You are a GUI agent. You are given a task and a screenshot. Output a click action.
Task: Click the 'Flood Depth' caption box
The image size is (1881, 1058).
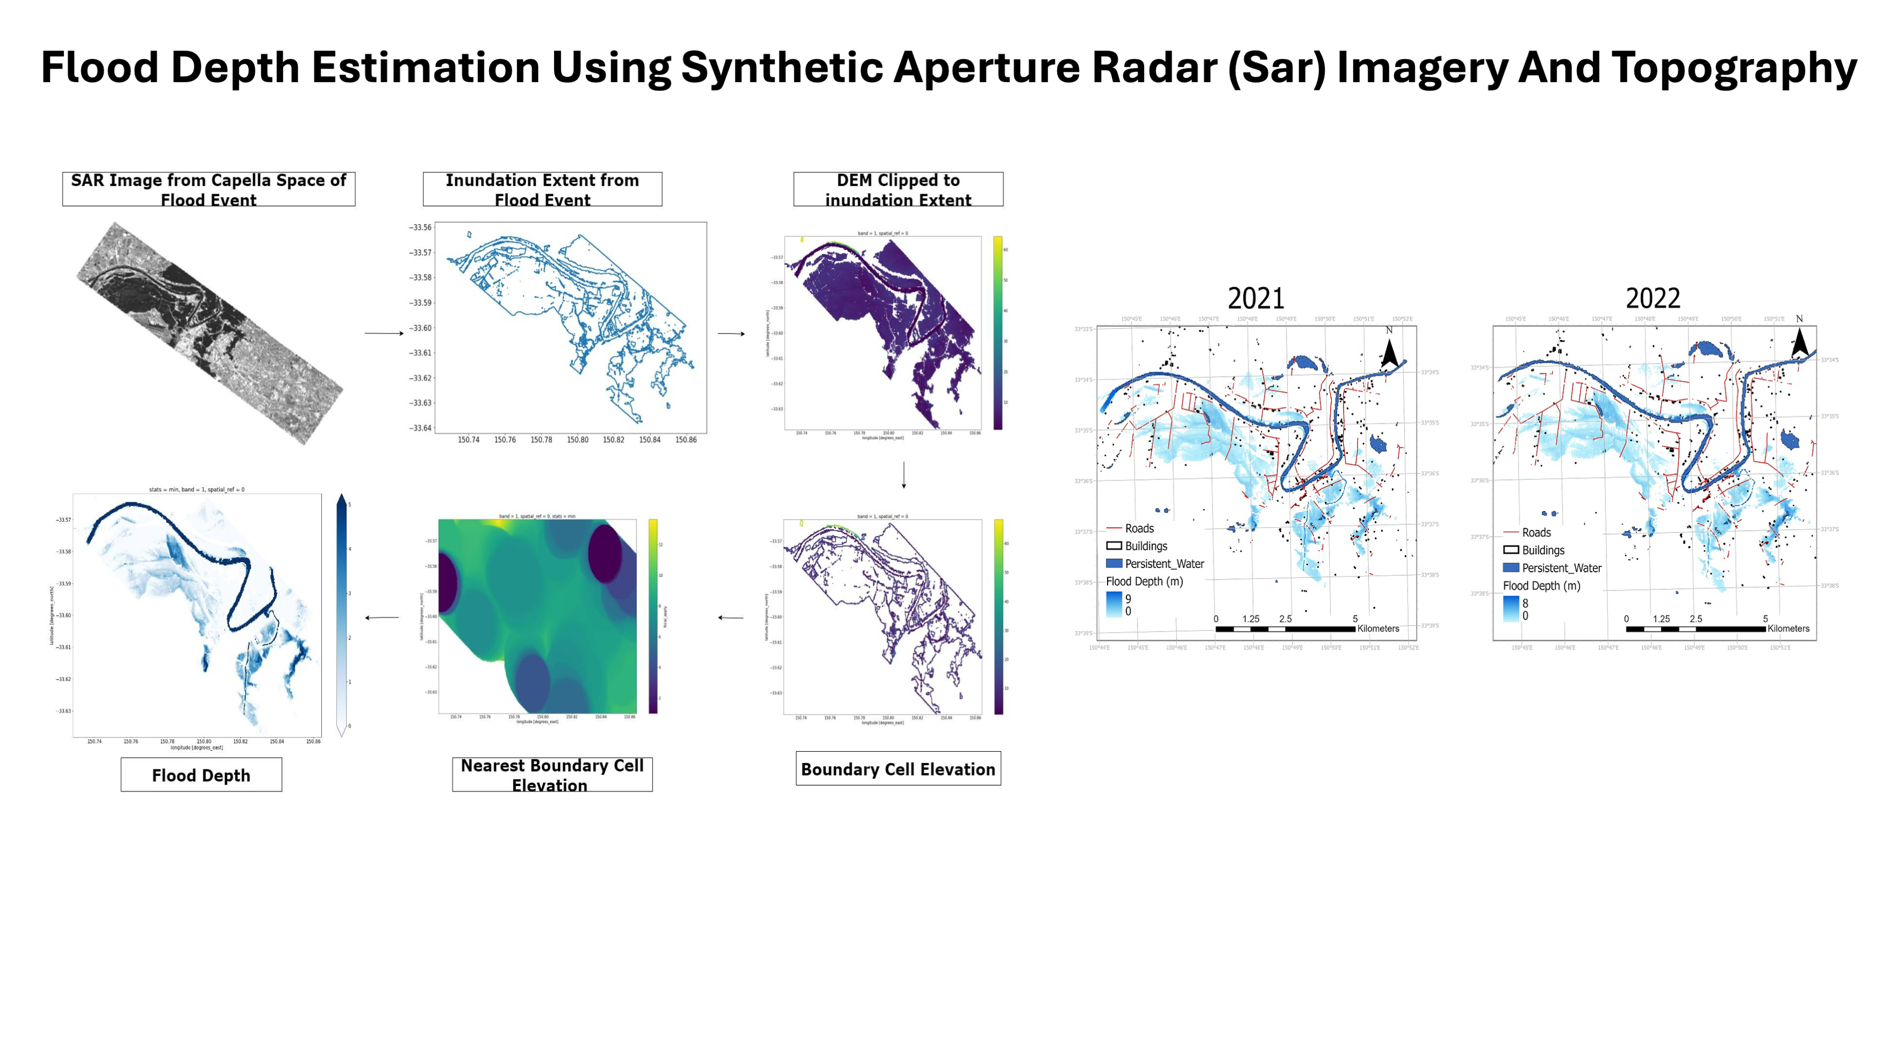tap(201, 775)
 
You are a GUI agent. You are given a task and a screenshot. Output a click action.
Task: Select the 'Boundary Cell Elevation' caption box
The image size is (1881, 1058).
tap(898, 769)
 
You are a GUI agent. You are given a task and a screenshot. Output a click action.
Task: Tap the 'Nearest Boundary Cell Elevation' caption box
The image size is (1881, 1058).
tap(552, 775)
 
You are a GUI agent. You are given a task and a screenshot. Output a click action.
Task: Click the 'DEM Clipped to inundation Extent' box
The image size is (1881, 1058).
tap(898, 189)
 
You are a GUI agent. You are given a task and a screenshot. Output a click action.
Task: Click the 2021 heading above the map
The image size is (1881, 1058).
tap(1255, 299)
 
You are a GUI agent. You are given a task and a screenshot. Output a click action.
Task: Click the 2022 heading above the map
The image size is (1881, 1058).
tap(1653, 299)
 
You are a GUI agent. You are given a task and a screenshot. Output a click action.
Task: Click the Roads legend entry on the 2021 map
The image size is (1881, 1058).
tap(1138, 528)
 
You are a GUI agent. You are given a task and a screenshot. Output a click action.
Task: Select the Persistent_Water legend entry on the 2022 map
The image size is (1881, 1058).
tap(1561, 568)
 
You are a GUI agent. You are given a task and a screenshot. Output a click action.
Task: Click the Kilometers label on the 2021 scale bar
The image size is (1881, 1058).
tap(1378, 629)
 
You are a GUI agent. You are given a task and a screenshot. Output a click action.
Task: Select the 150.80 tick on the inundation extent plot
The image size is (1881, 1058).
tap(577, 440)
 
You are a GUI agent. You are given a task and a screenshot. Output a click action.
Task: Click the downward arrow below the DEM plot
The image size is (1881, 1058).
tap(904, 474)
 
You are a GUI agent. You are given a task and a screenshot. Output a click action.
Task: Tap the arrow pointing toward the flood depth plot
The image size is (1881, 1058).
tap(382, 618)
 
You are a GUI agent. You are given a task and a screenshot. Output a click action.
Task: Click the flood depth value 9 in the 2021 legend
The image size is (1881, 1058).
tap(1128, 599)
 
